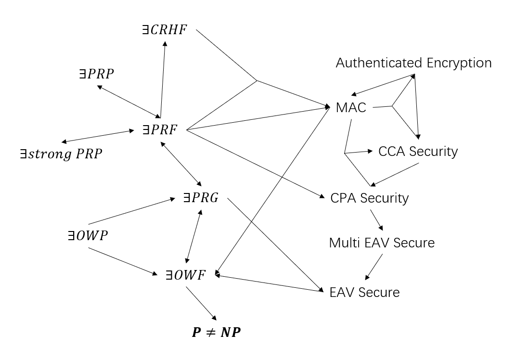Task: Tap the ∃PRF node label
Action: click(160, 129)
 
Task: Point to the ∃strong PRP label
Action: click(61, 154)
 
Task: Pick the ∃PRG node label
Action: click(201, 197)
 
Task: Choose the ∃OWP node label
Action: click(87, 236)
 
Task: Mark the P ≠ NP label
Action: click(216, 332)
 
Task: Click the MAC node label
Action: click(351, 107)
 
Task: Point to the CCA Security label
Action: click(418, 152)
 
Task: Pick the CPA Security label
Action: click(369, 198)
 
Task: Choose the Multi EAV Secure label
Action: click(382, 243)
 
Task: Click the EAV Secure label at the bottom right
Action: click(364, 292)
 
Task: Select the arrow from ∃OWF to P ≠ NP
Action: click(201, 303)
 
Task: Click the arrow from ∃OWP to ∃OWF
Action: click(124, 261)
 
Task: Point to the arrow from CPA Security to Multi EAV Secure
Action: click(376, 219)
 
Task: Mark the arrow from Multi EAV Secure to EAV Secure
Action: click(374, 266)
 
